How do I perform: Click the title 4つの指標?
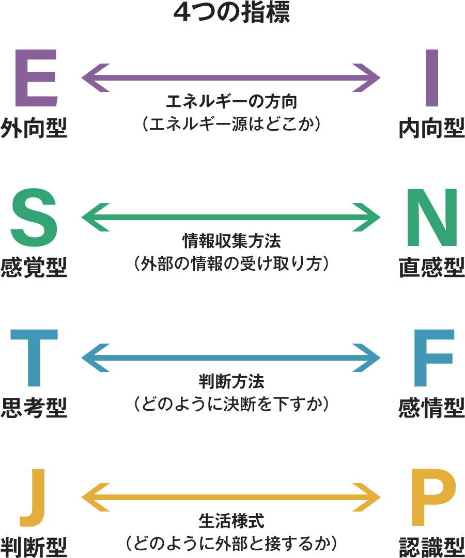[x=232, y=13]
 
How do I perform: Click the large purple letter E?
[x=35, y=78]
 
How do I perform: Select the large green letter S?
[x=34, y=218]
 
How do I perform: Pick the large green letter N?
[x=432, y=218]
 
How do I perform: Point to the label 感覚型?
[x=34, y=268]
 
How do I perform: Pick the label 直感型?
[x=432, y=268]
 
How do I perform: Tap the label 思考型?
[x=34, y=408]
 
